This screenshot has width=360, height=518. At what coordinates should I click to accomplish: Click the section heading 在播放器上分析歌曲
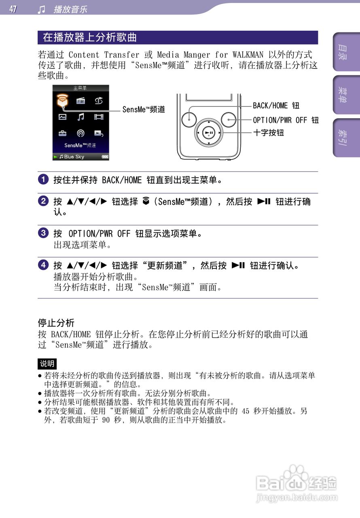(x=90, y=38)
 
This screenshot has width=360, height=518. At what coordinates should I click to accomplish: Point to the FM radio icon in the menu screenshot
(x=81, y=101)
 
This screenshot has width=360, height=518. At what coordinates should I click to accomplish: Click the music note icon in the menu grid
(x=81, y=117)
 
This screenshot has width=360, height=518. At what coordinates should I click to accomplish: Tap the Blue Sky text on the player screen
(x=74, y=157)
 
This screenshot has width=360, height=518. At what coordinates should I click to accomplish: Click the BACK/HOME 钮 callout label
(x=276, y=106)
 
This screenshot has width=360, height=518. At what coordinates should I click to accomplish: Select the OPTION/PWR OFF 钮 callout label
(x=286, y=120)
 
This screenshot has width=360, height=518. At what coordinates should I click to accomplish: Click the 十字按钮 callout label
(x=269, y=133)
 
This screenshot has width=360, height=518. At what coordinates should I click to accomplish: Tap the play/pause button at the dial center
(x=209, y=133)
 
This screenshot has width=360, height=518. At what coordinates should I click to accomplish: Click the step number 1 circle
(x=43, y=180)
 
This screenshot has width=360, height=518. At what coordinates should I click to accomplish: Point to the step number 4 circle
(x=43, y=265)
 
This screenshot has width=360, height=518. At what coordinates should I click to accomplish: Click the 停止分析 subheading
(x=56, y=323)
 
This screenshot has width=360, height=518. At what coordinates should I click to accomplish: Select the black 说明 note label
(x=47, y=363)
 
